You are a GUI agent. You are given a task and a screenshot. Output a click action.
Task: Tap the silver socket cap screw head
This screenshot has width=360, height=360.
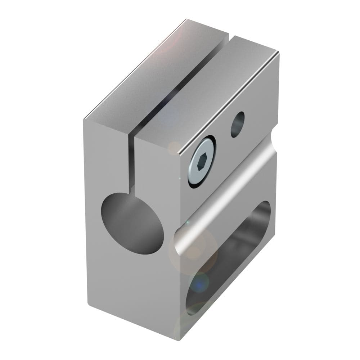click(x=201, y=162)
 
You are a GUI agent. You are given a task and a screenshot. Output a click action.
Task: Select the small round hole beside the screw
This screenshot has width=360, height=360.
click(x=237, y=124)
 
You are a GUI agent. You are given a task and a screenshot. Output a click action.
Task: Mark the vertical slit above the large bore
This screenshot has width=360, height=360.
click(x=132, y=162)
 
